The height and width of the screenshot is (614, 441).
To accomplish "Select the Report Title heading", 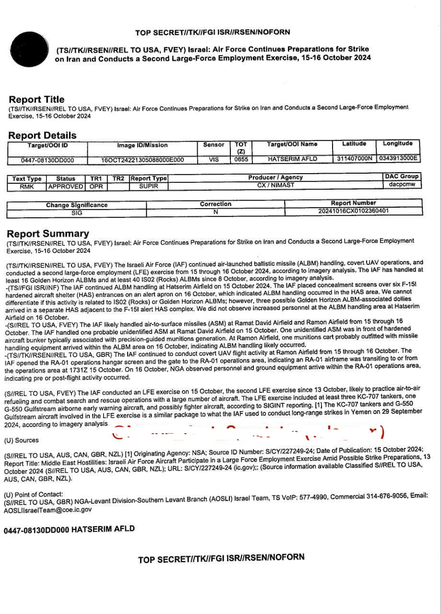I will click(x=36, y=99).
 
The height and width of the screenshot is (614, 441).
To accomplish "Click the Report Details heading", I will click(x=42, y=135).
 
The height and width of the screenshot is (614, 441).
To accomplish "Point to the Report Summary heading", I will click(x=48, y=234).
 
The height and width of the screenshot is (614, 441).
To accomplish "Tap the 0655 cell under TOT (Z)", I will click(x=241, y=159).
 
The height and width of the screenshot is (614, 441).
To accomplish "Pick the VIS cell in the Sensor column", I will click(x=214, y=159).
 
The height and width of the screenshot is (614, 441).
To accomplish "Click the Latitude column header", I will click(x=354, y=144).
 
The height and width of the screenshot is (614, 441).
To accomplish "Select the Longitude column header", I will click(x=398, y=143).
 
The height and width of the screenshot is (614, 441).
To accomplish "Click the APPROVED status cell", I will click(x=65, y=186).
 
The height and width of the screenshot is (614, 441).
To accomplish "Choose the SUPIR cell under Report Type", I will click(x=149, y=186).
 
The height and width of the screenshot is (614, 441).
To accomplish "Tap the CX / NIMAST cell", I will click(x=275, y=185).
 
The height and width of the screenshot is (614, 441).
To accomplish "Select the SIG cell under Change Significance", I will click(x=77, y=213).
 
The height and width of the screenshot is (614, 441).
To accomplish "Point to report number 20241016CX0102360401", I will click(x=353, y=211).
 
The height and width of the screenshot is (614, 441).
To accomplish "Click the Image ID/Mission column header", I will click(x=143, y=145).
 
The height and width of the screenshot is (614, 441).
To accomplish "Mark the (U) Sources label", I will click(x=21, y=440).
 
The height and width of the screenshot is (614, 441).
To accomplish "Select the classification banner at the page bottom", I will click(x=221, y=558).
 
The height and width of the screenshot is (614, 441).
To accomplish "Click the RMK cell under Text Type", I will click(x=27, y=186).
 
